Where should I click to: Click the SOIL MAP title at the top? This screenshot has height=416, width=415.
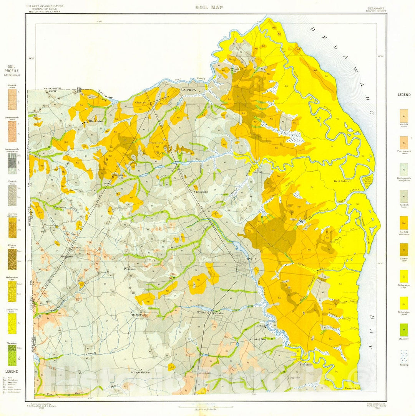point(209,7)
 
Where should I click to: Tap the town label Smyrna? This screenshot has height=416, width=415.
point(189,90)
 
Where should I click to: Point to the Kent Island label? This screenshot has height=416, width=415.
point(342,181)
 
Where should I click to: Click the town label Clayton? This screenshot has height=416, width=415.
point(141,103)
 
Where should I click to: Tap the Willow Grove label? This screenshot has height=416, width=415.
point(139,372)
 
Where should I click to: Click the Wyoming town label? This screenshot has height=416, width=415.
point(203,312)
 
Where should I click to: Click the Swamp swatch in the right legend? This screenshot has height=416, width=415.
point(404,357)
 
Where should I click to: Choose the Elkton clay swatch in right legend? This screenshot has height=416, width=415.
point(404,250)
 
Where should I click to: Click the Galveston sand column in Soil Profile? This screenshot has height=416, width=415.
point(12,323)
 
